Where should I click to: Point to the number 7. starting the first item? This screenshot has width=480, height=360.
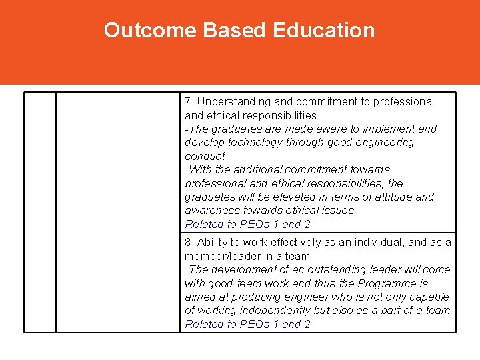point(189,102)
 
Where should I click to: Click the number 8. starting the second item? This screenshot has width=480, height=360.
point(189,243)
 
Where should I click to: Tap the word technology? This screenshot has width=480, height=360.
point(257,143)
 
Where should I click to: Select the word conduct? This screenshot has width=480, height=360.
point(205,156)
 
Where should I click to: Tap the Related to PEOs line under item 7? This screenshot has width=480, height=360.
point(247,225)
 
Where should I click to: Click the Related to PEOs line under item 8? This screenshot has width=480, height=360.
point(247,325)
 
